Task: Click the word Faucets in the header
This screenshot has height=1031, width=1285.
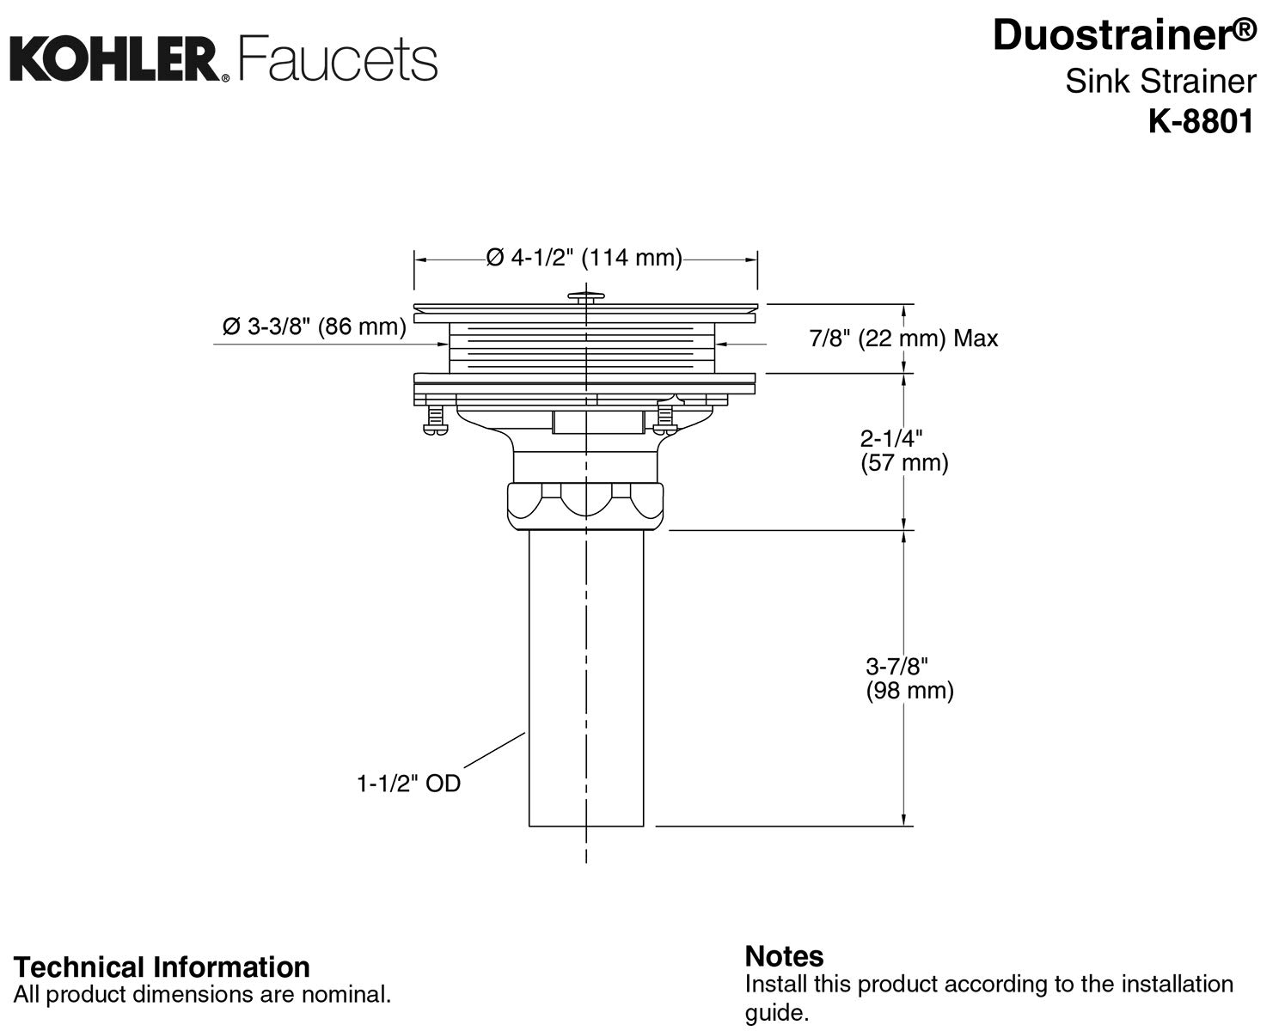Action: click(x=338, y=60)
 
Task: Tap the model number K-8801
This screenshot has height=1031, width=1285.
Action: click(x=1201, y=122)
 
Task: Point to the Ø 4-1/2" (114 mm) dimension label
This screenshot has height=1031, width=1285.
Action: click(x=584, y=258)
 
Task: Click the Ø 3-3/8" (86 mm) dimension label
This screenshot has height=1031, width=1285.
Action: click(x=314, y=327)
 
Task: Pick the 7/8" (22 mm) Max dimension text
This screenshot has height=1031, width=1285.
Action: click(x=903, y=339)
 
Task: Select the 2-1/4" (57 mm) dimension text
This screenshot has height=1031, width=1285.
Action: click(x=903, y=450)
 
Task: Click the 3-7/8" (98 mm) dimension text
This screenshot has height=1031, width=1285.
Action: click(x=909, y=678)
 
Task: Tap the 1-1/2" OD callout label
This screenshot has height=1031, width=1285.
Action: click(x=408, y=784)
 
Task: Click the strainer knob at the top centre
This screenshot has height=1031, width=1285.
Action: click(x=586, y=297)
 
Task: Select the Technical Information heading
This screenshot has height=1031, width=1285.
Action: click(x=162, y=967)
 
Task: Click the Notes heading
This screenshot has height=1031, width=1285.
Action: click(x=784, y=956)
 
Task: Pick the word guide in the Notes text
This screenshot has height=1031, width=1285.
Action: click(x=776, y=1013)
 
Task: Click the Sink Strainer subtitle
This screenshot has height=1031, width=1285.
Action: click(x=1160, y=82)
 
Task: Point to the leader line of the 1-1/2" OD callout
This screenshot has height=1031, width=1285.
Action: click(x=494, y=750)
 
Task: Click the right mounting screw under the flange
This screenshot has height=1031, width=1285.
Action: click(x=664, y=420)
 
